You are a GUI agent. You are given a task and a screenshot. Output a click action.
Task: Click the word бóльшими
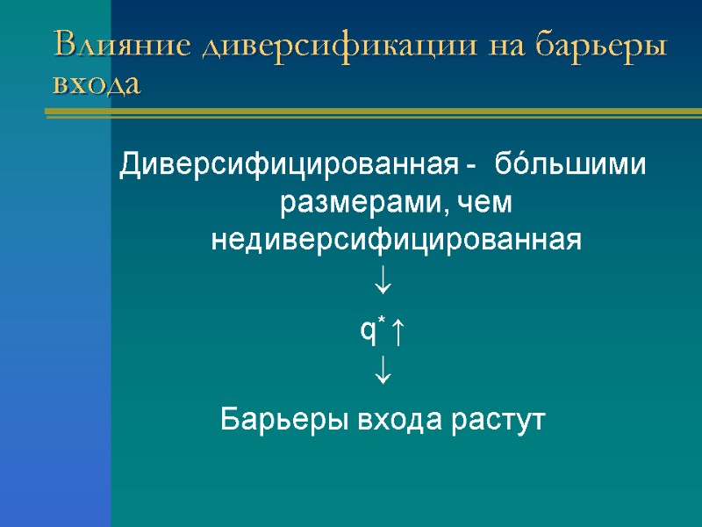571,164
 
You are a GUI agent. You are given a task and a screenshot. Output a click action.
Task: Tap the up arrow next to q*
397,331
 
